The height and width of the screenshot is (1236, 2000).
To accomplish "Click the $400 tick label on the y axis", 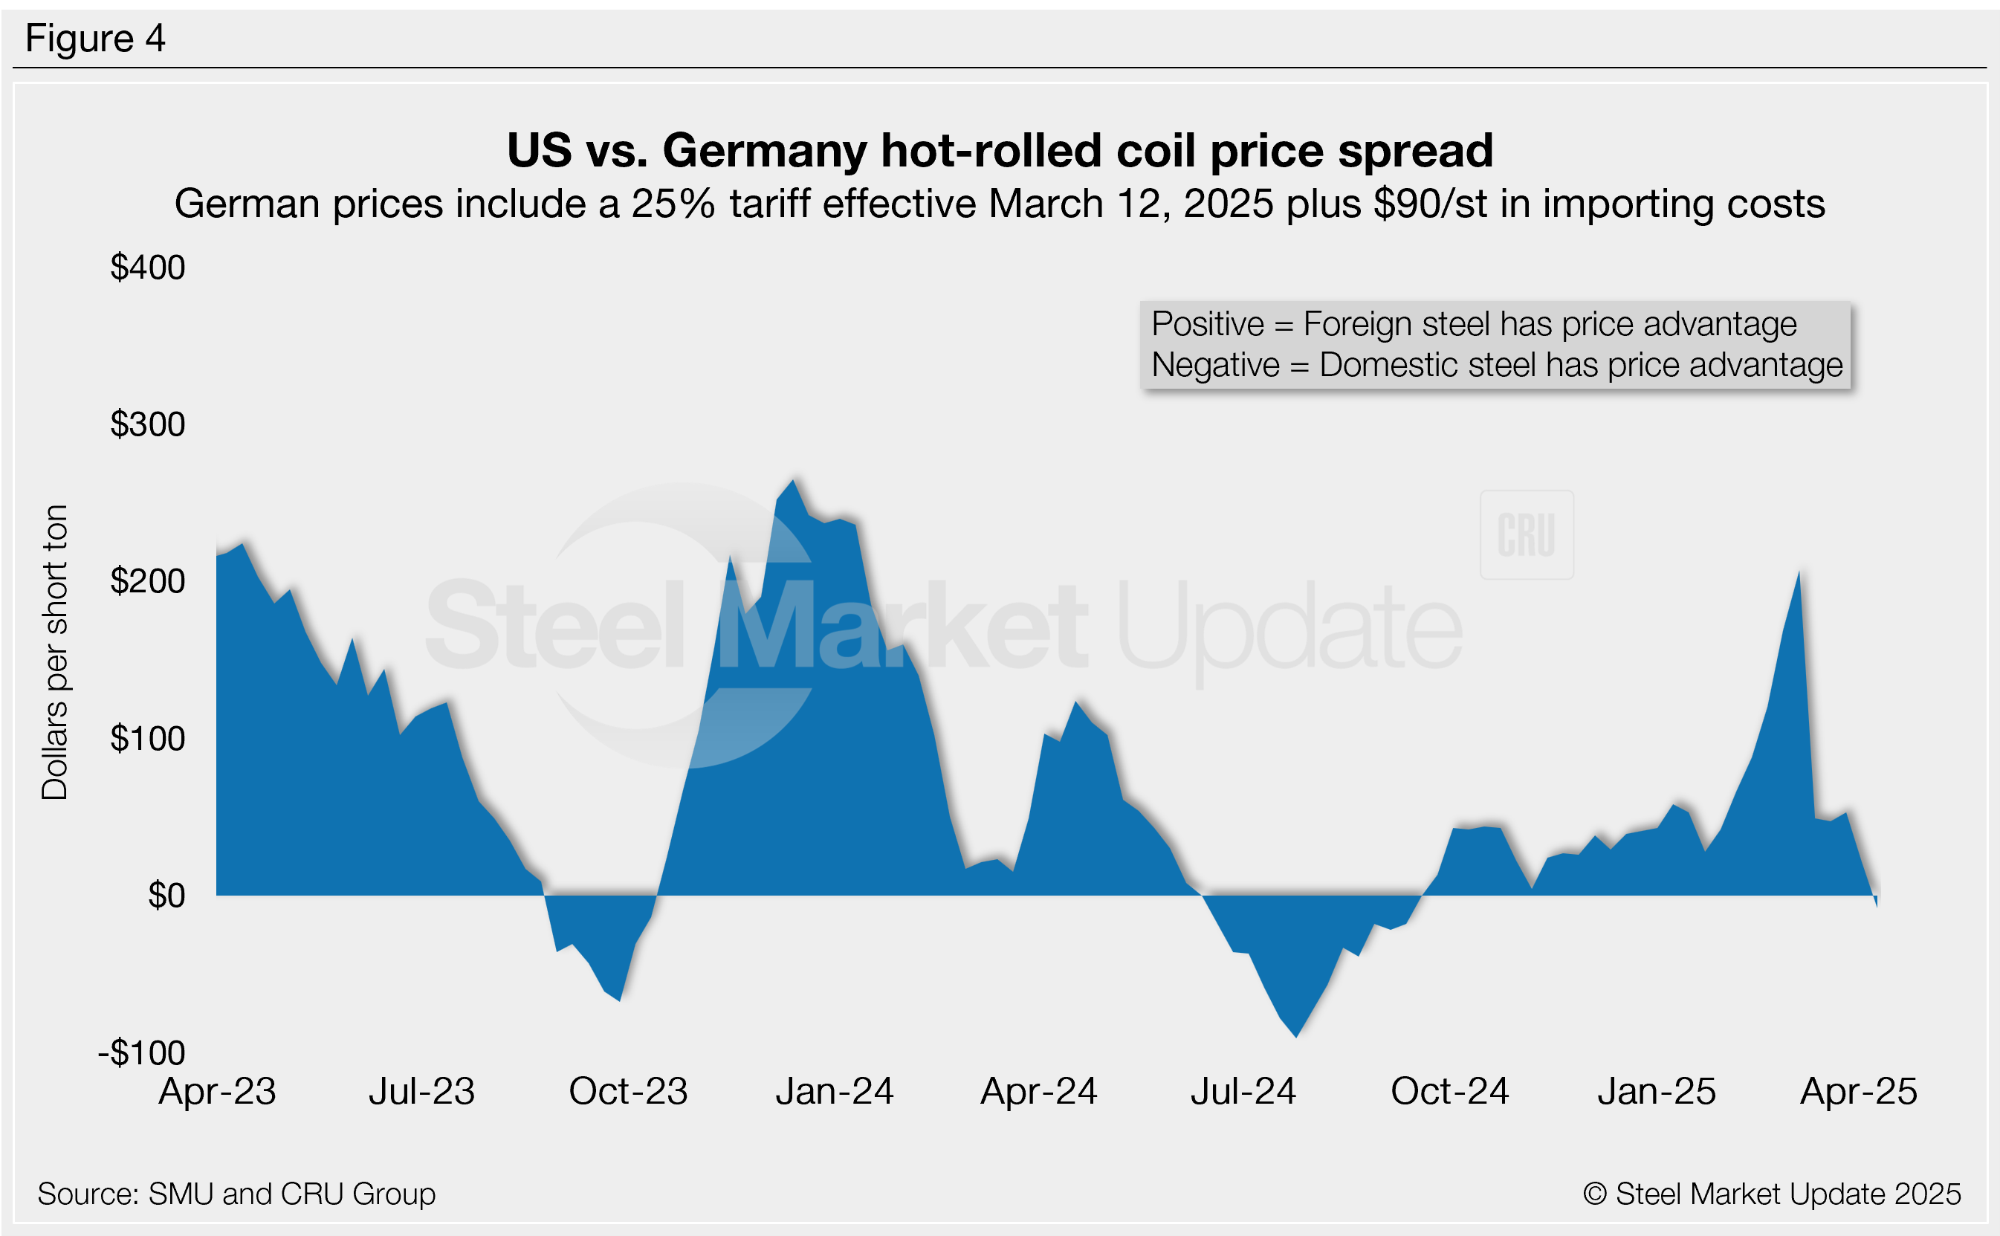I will [x=148, y=268].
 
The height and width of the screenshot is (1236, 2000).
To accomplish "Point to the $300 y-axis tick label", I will [x=148, y=424].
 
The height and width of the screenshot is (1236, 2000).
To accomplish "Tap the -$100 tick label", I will [x=141, y=1053].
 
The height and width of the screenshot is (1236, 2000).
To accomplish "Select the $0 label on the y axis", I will [x=166, y=896].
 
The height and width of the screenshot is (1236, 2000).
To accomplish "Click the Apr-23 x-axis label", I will [x=218, y=1091].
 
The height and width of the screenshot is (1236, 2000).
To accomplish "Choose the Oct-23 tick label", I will [x=628, y=1091].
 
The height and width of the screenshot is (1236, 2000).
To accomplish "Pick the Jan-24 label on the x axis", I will [x=835, y=1091].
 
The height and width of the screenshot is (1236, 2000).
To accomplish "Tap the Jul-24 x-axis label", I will [x=1243, y=1091].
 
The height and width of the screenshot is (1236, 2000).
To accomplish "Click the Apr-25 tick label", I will [x=1858, y=1091].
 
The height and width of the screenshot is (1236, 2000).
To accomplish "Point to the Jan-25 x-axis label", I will [x=1656, y=1091].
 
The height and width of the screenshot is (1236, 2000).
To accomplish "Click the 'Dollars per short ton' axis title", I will [x=55, y=653].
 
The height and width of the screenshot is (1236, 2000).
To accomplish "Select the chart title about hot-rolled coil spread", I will [x=1000, y=150].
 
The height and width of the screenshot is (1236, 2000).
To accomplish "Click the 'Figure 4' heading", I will [x=96, y=39].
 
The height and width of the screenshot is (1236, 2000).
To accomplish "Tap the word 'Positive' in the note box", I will [x=1207, y=325].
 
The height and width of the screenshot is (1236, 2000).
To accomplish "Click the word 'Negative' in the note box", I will [x=1215, y=366].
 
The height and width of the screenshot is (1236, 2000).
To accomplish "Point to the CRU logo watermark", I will [x=1526, y=535].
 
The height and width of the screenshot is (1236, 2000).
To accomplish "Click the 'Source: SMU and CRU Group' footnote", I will [x=236, y=1194].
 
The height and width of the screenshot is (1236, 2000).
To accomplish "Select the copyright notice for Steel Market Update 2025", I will [x=1771, y=1194].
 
